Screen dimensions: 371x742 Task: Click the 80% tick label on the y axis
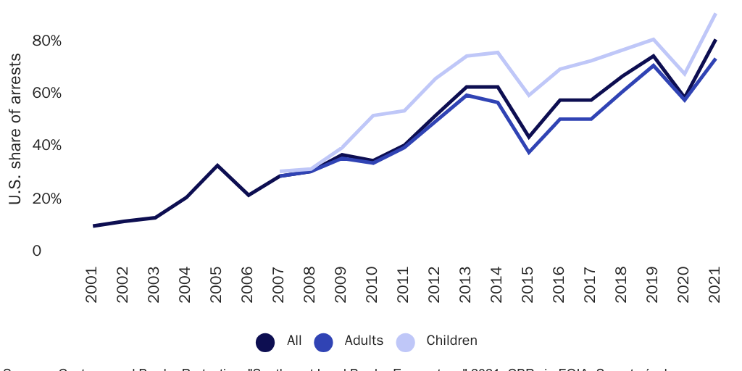coord(46,41)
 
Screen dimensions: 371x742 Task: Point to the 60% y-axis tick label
coord(46,93)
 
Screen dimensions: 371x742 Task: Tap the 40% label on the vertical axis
coord(46,146)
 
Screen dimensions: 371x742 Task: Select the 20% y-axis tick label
coord(46,199)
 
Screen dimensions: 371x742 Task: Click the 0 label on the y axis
coord(36,251)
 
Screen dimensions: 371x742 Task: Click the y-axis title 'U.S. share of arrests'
coord(16,129)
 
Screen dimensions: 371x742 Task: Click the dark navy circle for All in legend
coord(265,341)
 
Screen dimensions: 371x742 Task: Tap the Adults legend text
coord(364,341)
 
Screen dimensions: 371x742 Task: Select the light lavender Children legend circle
coord(406,341)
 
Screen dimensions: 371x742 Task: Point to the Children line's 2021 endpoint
coord(715,14)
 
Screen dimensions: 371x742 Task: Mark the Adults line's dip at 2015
coord(529,152)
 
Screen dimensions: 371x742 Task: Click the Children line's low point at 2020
coord(684,74)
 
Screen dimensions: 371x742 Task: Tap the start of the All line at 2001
coord(94,226)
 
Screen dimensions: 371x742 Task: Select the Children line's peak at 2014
coord(498,52)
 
